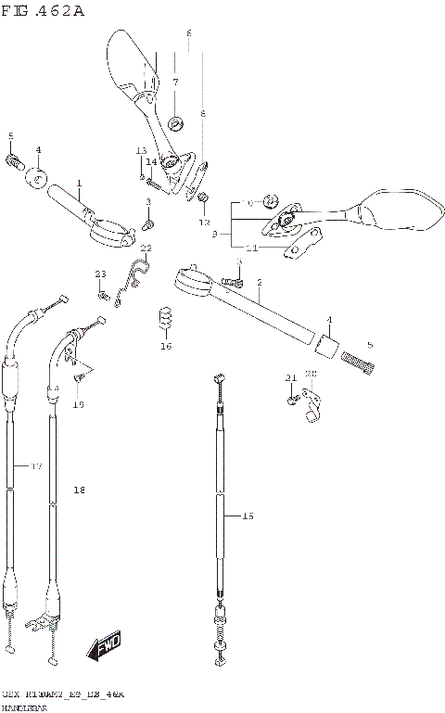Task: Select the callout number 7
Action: pyautogui.click(x=174, y=83)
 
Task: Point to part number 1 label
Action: pyautogui.click(x=80, y=183)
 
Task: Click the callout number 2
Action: pyautogui.click(x=259, y=282)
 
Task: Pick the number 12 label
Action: pyautogui.click(x=205, y=223)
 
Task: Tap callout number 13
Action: pyautogui.click(x=142, y=150)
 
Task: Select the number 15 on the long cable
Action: pyautogui.click(x=246, y=516)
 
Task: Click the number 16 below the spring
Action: pyautogui.click(x=166, y=347)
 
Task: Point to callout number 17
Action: pyautogui.click(x=36, y=465)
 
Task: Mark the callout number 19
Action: pyautogui.click(x=79, y=404)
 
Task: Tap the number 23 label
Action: pyautogui.click(x=101, y=273)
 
